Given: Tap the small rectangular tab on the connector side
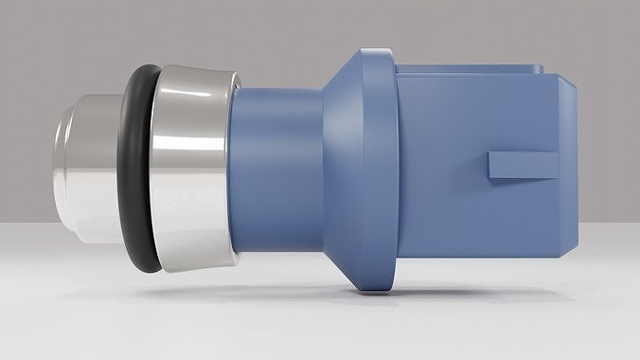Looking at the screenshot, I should pyautogui.click(x=523, y=165).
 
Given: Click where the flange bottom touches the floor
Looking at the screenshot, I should pyautogui.click(x=377, y=291).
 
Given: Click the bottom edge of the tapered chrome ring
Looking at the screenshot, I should pyautogui.click(x=194, y=268).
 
